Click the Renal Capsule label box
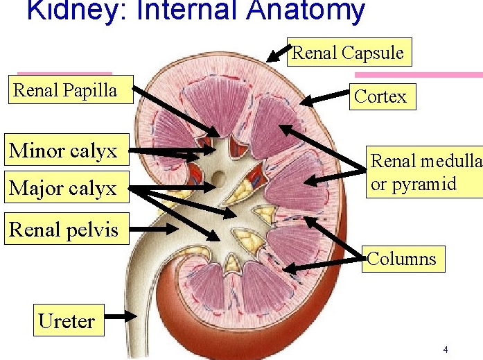pos(349,52)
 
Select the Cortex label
pos(383,96)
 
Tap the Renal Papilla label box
pos(71,89)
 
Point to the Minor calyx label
pos(67,150)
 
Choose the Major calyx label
pos(67,187)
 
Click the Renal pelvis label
pos(67,228)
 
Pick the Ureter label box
pos(69,320)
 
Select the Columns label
pos(403,259)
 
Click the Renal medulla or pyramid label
pos(425,172)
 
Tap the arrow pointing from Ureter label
pos(121,316)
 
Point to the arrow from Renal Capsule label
pos(279,53)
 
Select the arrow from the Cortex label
pos(324,98)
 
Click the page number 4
pos(446,350)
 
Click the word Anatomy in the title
pos(306,11)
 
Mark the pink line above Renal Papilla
pos(64,74)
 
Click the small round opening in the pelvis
pos(219,178)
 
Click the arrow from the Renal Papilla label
pos(177,112)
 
